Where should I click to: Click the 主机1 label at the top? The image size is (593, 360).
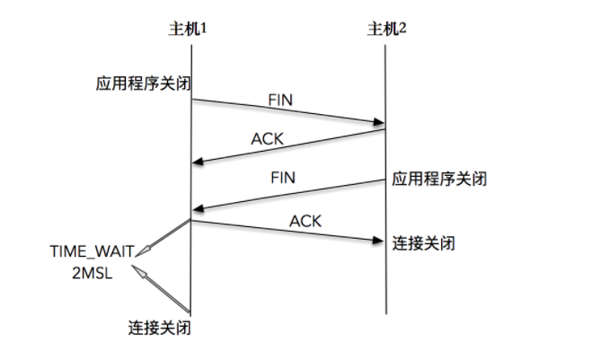click(190, 30)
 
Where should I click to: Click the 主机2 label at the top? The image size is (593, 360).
click(388, 30)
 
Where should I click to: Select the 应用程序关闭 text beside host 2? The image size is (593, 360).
click(439, 178)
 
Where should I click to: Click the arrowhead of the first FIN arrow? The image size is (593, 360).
click(379, 124)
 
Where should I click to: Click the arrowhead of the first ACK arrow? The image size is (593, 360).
click(198, 162)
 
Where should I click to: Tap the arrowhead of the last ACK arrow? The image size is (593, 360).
click(379, 240)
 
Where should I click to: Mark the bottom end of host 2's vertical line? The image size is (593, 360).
click(386, 313)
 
